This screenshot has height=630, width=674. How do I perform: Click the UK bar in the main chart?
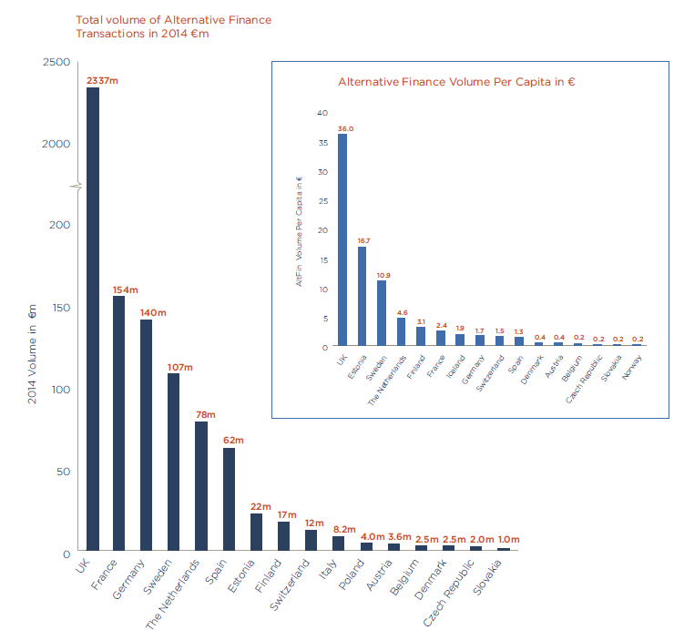coord(93,319)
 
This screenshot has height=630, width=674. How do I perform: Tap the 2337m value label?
coord(102,81)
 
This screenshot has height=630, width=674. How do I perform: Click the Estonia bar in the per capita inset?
coord(362,296)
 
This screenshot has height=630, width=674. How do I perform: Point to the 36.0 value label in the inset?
coord(345,128)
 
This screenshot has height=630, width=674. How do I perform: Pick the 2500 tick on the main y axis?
coord(56,62)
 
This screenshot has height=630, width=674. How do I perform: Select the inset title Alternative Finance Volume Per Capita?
coord(456,82)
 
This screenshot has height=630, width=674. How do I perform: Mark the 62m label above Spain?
coord(234,440)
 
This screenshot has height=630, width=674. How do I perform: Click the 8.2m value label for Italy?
coord(343,527)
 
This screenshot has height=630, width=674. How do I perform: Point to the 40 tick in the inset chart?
coord(322,113)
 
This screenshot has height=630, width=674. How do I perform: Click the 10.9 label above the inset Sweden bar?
coord(383,274)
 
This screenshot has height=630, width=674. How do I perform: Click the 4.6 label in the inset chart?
coord(402,311)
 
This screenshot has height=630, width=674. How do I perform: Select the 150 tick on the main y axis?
coord(59,308)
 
